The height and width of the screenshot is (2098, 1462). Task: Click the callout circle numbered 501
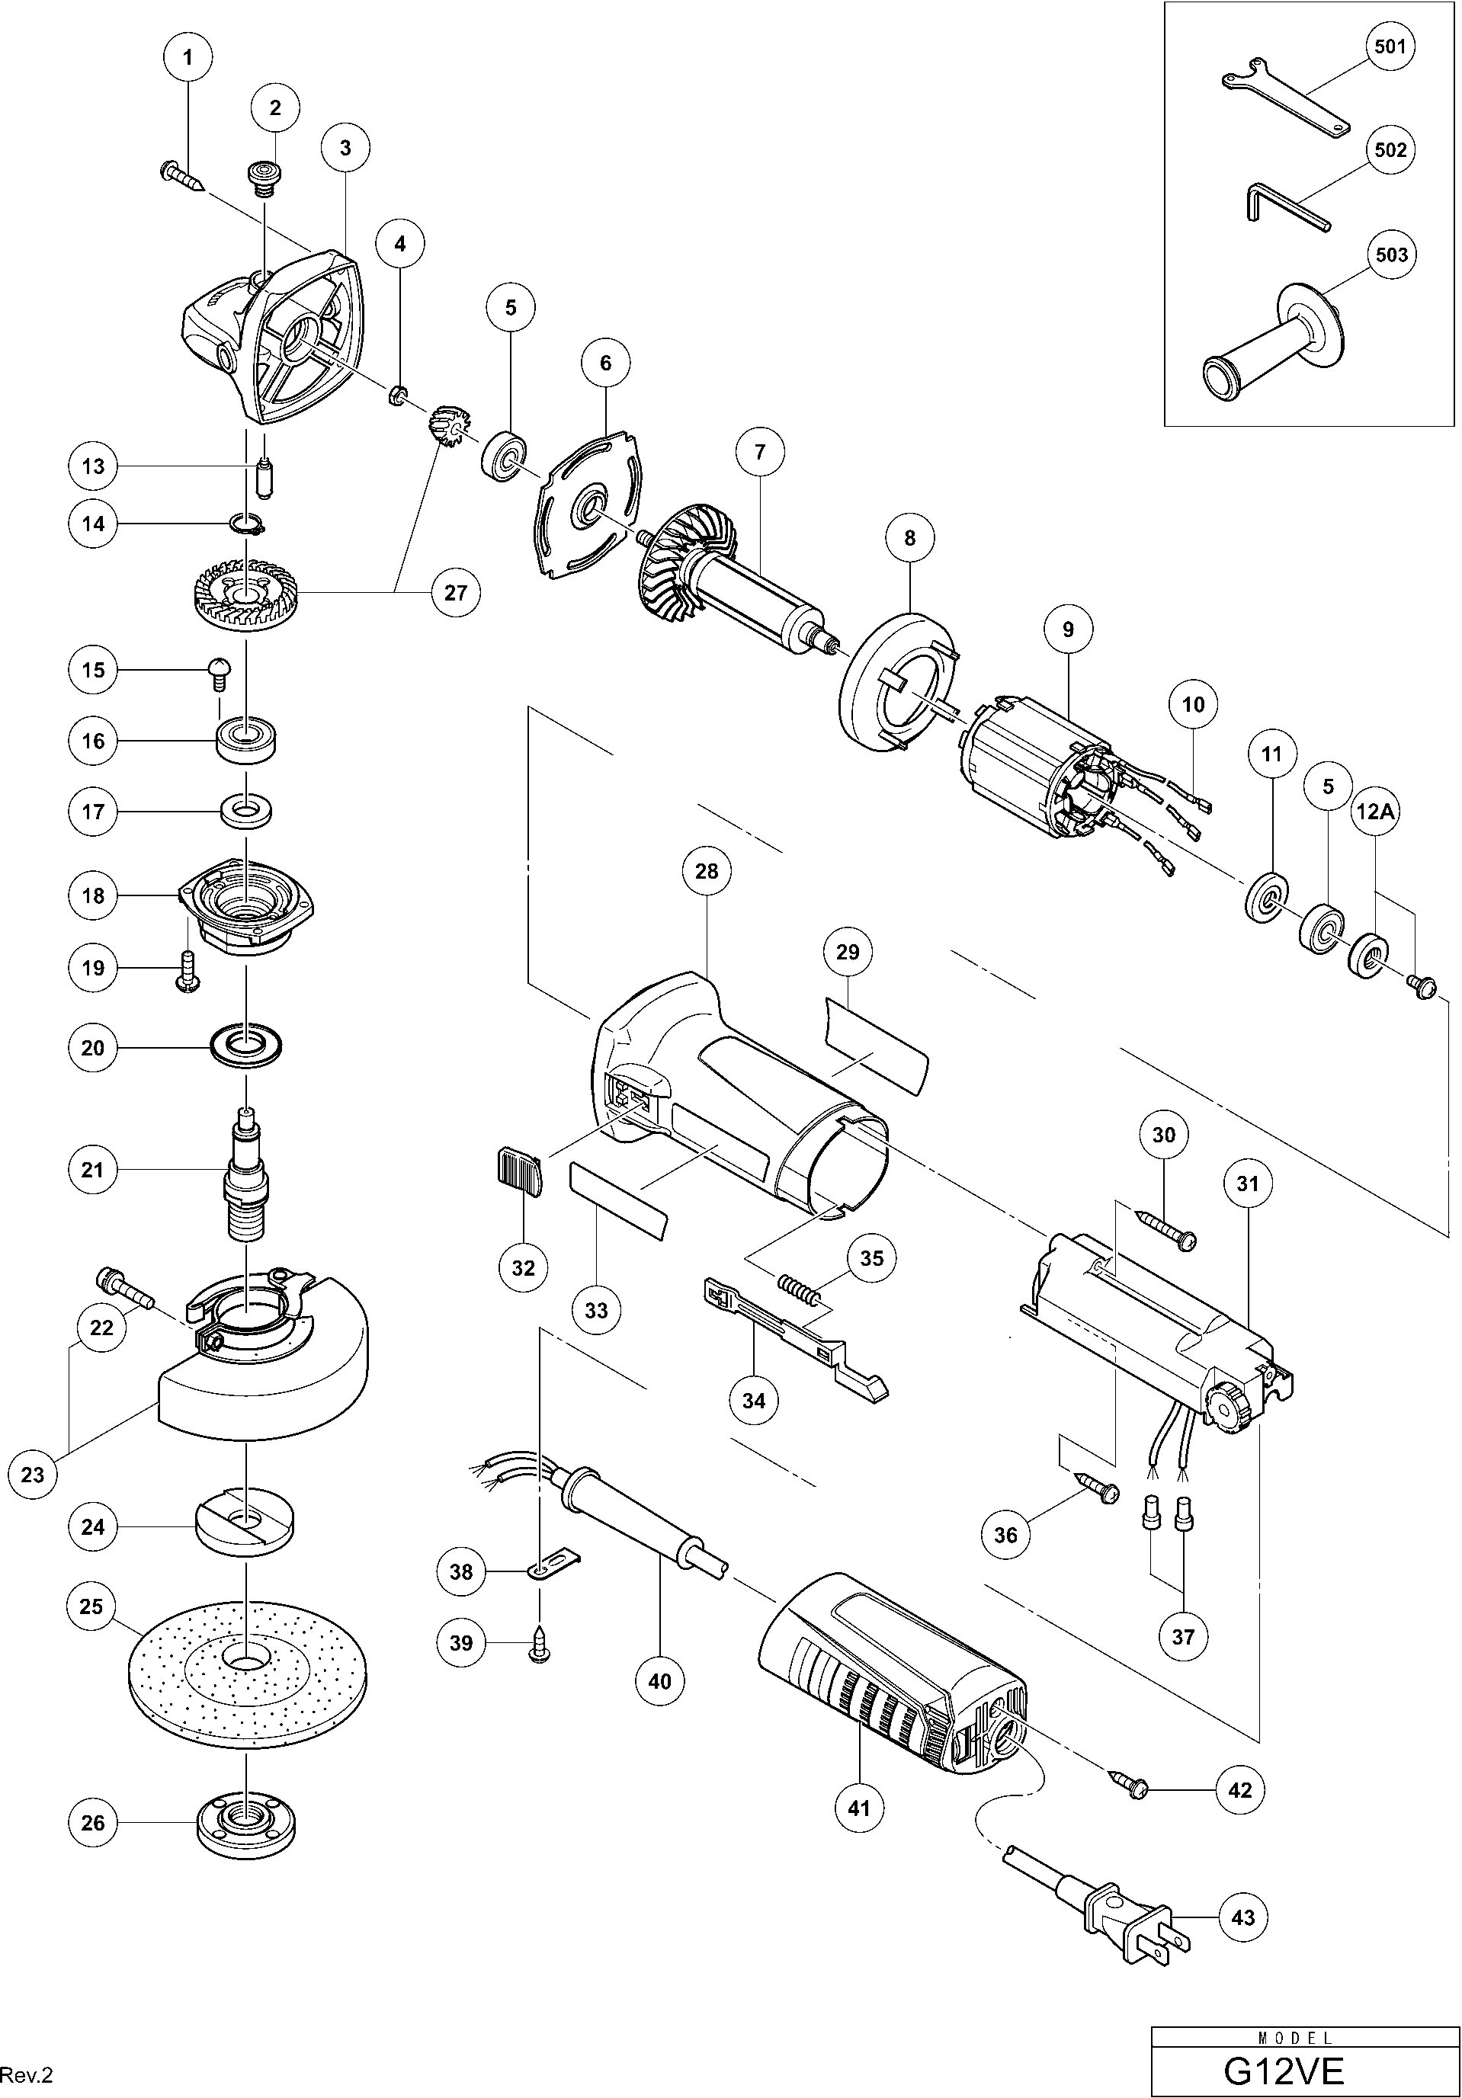[1389, 46]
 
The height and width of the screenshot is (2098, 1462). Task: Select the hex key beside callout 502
[1284, 207]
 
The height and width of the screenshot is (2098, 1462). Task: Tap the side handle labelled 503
[1270, 348]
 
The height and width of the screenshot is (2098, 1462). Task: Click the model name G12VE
[1282, 2069]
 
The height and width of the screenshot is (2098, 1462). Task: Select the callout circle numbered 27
[456, 593]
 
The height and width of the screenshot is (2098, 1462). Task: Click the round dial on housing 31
[1227, 1412]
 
